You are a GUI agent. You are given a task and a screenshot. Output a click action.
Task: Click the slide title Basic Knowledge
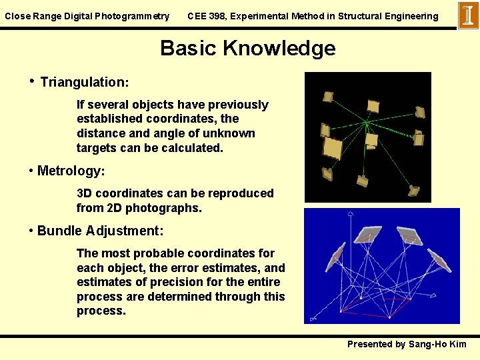click(247, 48)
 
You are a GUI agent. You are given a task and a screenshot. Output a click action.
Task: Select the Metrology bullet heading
click(71, 171)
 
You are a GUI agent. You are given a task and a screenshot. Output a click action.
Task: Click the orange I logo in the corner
click(468, 15)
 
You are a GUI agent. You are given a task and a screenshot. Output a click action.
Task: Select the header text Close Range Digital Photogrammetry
click(87, 16)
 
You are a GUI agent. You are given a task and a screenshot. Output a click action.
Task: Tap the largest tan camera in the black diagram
click(332, 148)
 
